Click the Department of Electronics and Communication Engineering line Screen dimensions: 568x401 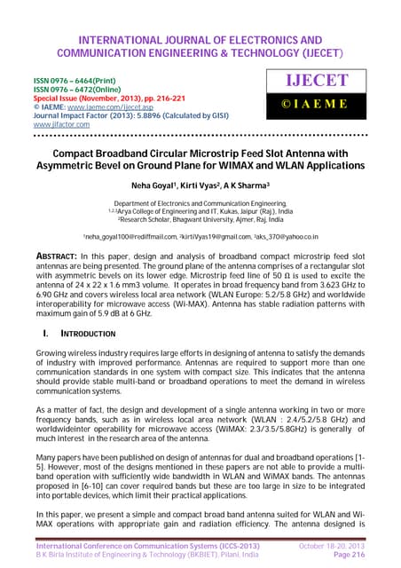tap(200, 202)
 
